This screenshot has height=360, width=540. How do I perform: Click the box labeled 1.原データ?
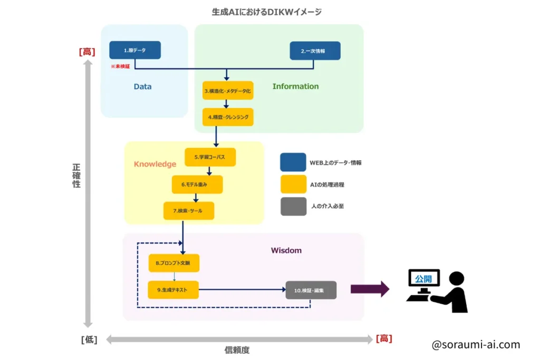(x=135, y=50)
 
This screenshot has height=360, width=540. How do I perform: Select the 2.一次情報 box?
(x=315, y=51)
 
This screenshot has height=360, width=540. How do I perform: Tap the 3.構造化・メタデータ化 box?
(x=228, y=91)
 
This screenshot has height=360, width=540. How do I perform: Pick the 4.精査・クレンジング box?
(x=228, y=116)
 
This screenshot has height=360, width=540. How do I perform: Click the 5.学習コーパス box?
(x=210, y=157)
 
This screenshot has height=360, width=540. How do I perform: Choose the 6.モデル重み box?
(x=197, y=184)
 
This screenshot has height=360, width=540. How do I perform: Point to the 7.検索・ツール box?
(x=189, y=211)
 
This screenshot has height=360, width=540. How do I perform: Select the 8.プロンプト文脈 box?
(x=174, y=263)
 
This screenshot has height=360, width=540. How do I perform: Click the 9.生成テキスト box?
(x=173, y=289)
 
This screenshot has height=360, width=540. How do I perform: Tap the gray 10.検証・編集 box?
(x=311, y=290)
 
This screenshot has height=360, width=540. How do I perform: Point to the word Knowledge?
(x=155, y=164)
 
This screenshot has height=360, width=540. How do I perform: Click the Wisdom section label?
(x=286, y=250)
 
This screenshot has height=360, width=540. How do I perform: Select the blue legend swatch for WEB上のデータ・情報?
(x=293, y=162)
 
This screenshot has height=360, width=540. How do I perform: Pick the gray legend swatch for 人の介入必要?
(x=293, y=206)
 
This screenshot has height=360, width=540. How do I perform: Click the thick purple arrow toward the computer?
(x=370, y=289)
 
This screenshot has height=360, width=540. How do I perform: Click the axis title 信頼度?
(x=237, y=349)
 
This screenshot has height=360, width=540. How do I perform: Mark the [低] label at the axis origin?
(x=89, y=339)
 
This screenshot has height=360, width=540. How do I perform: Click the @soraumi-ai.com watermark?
(x=476, y=345)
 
